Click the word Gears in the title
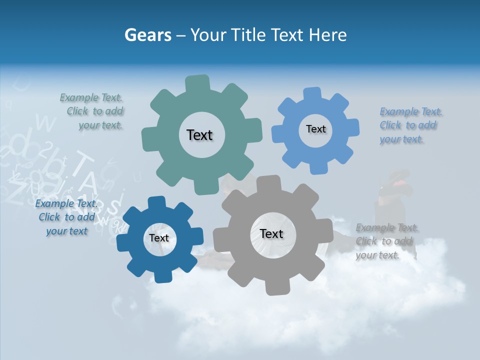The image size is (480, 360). coord(147,35)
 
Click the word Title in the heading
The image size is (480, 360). coord(248,35)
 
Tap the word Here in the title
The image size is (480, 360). coord(327,35)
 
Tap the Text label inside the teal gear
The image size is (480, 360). coord(199,135)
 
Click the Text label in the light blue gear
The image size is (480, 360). coord(315,129)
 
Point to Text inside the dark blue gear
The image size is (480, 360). coord(159,238)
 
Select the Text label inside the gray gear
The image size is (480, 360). coord(271,233)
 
